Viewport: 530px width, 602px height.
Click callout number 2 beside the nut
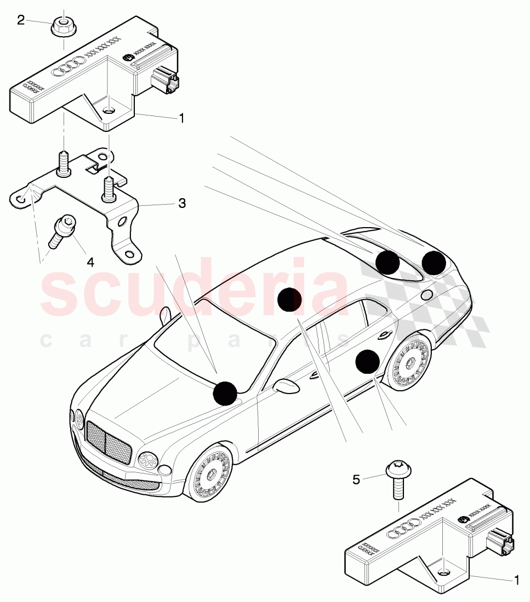coord(21,20)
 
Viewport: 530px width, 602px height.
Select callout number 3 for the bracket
coord(181,204)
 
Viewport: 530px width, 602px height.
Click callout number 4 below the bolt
coord(90,262)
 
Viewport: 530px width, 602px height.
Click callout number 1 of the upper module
coord(181,118)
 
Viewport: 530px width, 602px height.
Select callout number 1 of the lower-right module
coord(515,578)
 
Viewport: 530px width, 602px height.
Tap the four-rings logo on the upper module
coord(68,68)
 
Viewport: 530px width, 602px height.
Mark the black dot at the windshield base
coord(225,393)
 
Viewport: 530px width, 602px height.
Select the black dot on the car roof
coord(289,299)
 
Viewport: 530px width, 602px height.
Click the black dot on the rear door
coord(367,362)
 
